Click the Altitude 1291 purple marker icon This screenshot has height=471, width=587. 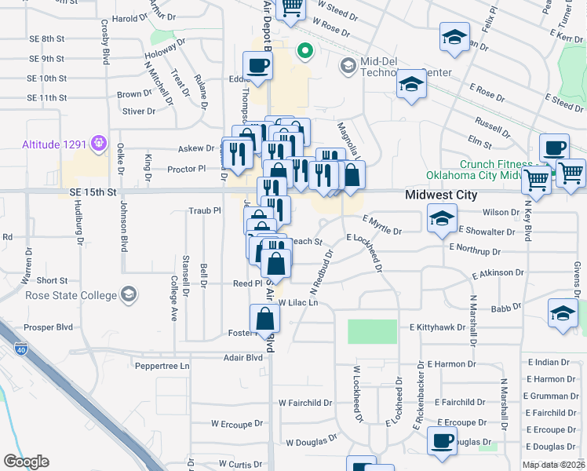tap(99, 144)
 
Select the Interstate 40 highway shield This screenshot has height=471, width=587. tap(20, 348)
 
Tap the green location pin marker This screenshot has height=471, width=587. tap(304, 52)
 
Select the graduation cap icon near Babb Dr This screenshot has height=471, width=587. tap(562, 314)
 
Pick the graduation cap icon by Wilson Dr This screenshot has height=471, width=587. tap(442, 219)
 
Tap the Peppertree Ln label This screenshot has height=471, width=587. tap(163, 366)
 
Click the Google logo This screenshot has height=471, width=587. tap(26, 461)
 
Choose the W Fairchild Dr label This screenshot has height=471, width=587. tap(305, 403)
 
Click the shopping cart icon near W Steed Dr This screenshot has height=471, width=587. tap(291, 8)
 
